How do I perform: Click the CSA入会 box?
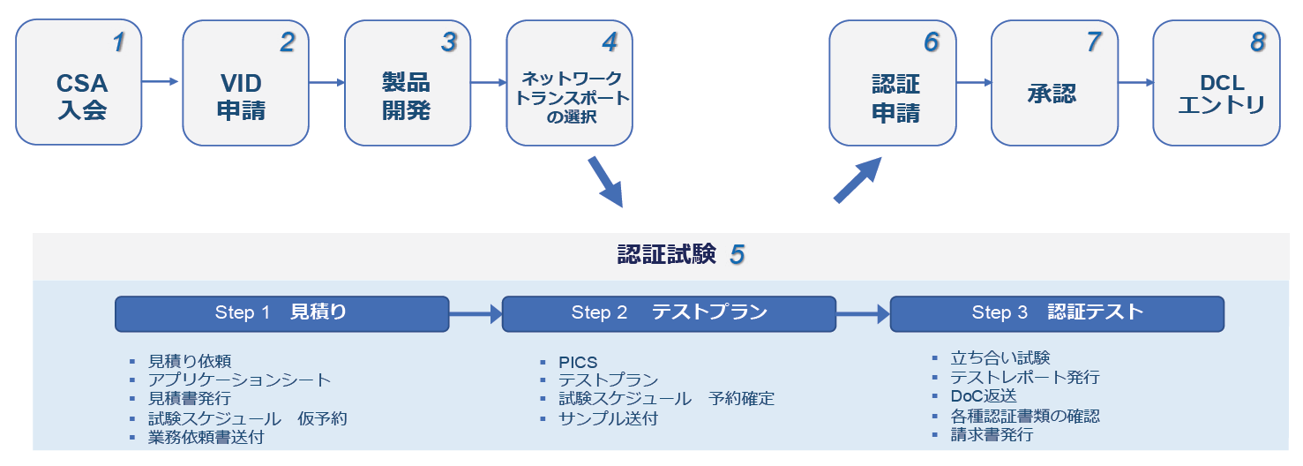coord(79,83)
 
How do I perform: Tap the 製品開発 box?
coord(407,83)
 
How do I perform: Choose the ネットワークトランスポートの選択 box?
coord(569,83)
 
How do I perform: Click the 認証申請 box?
coord(893,83)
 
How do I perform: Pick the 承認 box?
coord(1054,83)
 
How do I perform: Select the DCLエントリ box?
coord(1217,83)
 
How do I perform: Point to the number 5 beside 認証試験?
coord(738,256)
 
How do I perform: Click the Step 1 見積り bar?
coord(282,313)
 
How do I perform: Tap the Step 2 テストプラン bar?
coord(669,313)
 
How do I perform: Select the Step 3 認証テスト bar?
coord(1057,313)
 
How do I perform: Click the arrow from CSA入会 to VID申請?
coord(161,82)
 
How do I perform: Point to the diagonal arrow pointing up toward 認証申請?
coord(857,180)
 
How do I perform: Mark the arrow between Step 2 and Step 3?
coord(863,312)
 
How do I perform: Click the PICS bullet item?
coord(578,363)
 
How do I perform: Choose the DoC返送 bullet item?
coord(984,396)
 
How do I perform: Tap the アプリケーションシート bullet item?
coord(240,380)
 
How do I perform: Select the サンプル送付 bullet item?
coord(608,418)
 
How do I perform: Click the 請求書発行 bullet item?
coord(992,434)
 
